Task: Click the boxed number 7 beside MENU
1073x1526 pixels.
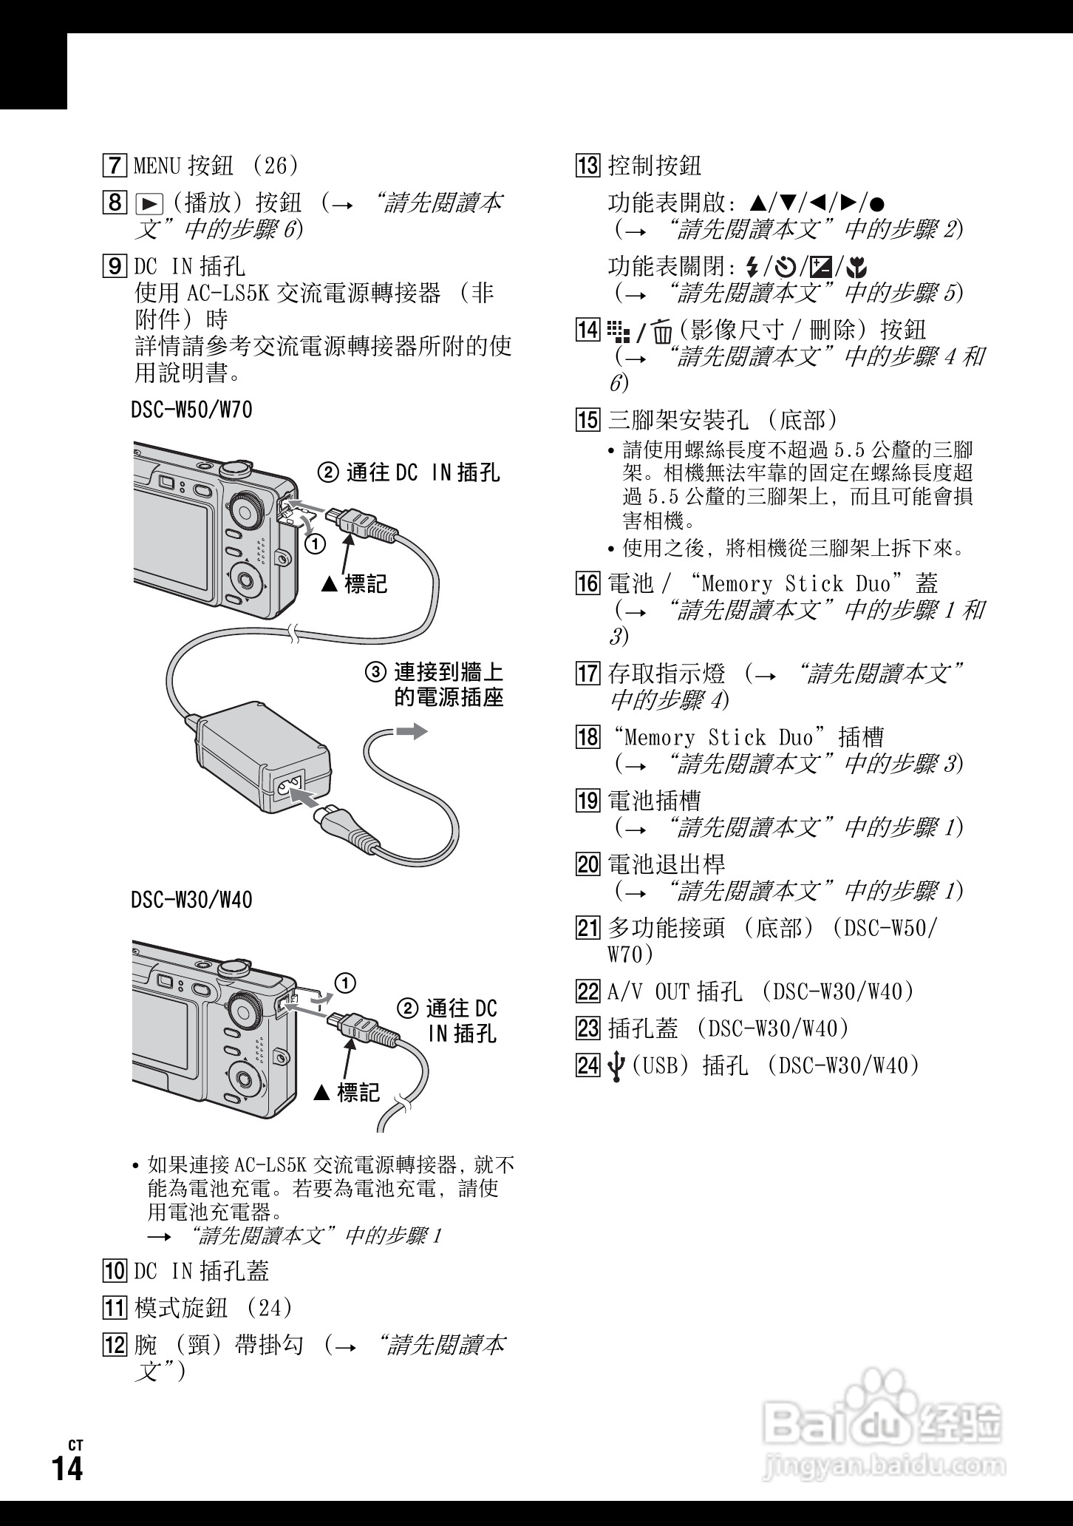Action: (115, 165)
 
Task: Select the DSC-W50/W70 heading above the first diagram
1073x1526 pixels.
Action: (192, 410)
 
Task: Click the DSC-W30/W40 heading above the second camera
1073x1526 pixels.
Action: (192, 900)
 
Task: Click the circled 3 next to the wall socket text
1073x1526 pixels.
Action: (376, 673)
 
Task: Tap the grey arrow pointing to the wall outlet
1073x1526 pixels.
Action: (411, 731)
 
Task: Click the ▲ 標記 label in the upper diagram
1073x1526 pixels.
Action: (355, 584)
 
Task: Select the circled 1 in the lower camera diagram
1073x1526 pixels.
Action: (344, 983)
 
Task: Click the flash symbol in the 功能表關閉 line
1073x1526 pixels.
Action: (752, 266)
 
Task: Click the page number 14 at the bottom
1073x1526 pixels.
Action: (67, 1468)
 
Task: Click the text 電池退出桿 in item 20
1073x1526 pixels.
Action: (667, 864)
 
